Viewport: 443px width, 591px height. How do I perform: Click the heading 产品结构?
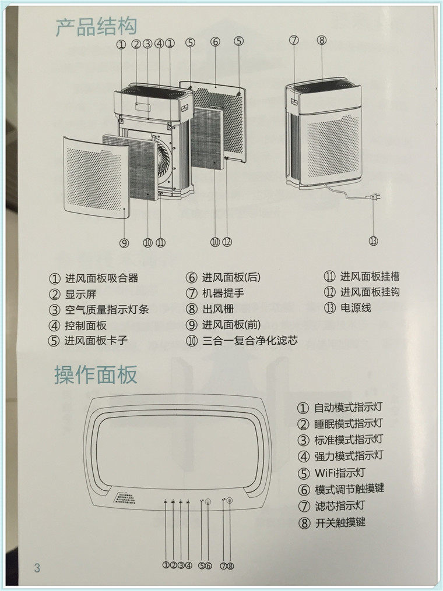[x=97, y=26]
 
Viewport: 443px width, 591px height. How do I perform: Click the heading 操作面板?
[x=96, y=375]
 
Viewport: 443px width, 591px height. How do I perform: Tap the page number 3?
[x=37, y=568]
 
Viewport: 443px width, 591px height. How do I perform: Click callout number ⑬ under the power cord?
[x=374, y=240]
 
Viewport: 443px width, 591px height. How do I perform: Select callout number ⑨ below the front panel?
[x=124, y=242]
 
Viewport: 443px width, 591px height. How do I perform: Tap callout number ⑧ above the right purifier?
[x=322, y=40]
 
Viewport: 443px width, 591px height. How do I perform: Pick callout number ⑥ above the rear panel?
[x=215, y=42]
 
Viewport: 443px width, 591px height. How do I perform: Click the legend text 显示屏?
[x=80, y=294]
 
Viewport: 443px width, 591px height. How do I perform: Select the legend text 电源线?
[x=356, y=307]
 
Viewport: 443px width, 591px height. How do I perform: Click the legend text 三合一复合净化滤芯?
[x=249, y=341]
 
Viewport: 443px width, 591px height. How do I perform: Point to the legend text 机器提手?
[x=223, y=293]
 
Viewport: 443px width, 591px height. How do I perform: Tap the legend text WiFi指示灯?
[x=339, y=473]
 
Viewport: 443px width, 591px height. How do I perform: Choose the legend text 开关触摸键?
[x=340, y=522]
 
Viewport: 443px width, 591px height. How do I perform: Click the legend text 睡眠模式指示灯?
[x=348, y=423]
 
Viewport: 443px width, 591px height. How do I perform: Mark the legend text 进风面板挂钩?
[x=370, y=292]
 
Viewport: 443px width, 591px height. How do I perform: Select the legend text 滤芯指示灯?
[x=339, y=505]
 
